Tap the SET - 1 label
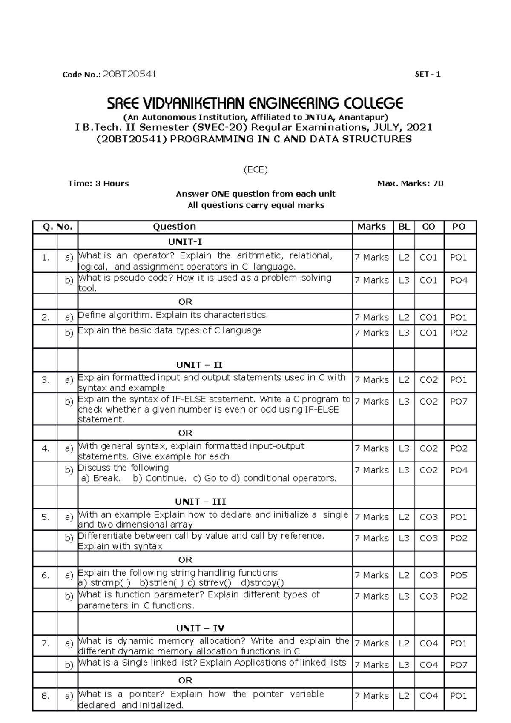pyautogui.click(x=428, y=74)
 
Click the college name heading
pyautogui.click(x=255, y=103)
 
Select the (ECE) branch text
pyautogui.click(x=255, y=170)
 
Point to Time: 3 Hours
pyautogui.click(x=98, y=184)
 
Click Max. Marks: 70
pyautogui.click(x=410, y=184)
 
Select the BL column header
pyautogui.click(x=404, y=227)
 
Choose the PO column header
pyautogui.click(x=459, y=227)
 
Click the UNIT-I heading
pyautogui.click(x=185, y=242)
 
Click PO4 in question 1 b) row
pyautogui.click(x=459, y=280)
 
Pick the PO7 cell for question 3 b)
pyautogui.click(x=459, y=401)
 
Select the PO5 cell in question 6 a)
pyautogui.click(x=459, y=575)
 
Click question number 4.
pyautogui.click(x=46, y=448)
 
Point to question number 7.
pyautogui.click(x=46, y=643)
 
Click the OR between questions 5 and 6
pyautogui.click(x=185, y=559)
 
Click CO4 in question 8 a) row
pyautogui.click(x=428, y=696)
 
